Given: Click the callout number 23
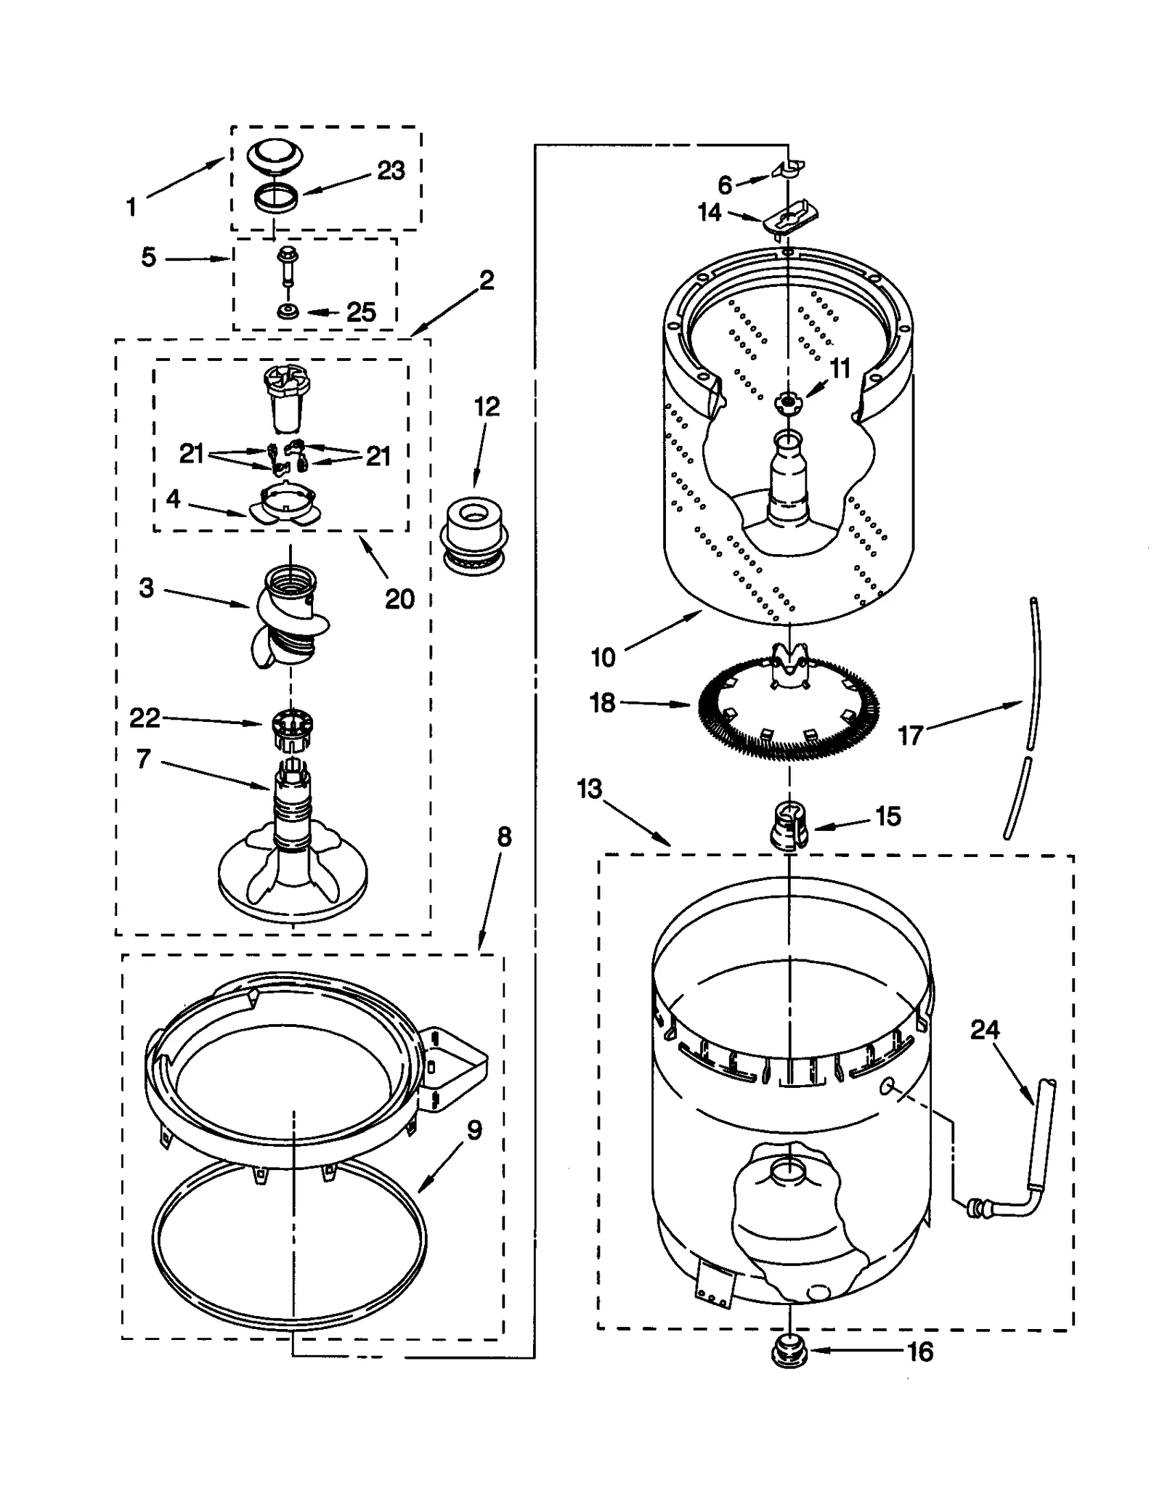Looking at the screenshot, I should point(391,171).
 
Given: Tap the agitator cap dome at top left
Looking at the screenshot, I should point(275,158).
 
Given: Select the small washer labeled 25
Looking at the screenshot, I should point(288,312).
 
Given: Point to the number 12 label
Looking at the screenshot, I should point(487,407).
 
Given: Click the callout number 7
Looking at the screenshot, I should point(144,759).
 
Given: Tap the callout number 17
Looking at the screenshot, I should point(909,736).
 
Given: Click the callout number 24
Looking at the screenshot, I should point(985,1029).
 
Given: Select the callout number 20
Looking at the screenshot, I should point(399,599).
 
